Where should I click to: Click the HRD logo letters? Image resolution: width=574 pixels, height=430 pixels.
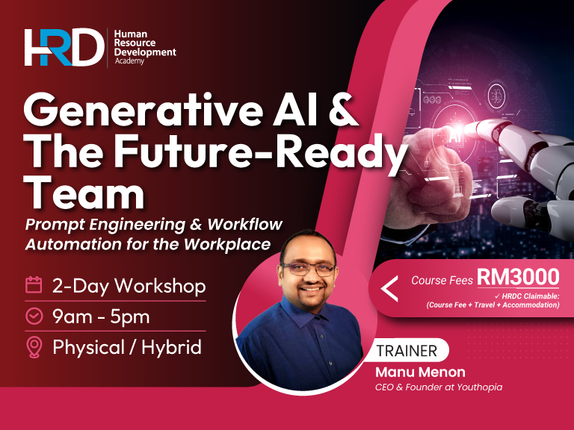pyautogui.click(x=64, y=47)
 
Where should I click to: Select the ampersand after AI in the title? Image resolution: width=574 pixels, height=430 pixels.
pyautogui.click(x=342, y=113)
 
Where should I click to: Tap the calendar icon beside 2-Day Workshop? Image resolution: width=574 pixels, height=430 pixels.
pyautogui.click(x=34, y=285)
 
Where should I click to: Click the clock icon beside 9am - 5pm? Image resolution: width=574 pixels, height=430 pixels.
pyautogui.click(x=34, y=316)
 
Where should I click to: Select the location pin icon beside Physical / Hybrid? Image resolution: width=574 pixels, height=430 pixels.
pyautogui.click(x=34, y=347)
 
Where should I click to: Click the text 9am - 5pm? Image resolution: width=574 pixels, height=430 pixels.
pyautogui.click(x=101, y=317)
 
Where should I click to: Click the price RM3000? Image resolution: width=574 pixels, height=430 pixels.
pyautogui.click(x=518, y=278)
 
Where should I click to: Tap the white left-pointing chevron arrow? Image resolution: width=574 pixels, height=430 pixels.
pyautogui.click(x=389, y=288)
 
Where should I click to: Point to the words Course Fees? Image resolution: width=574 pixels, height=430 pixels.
pyautogui.click(x=442, y=281)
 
